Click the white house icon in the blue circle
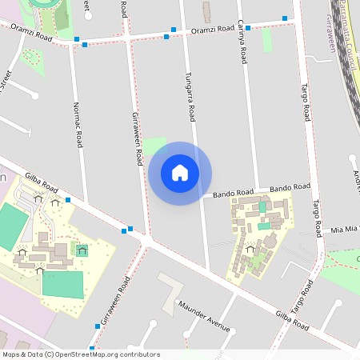click(x=180, y=173)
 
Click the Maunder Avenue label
click(x=204, y=317)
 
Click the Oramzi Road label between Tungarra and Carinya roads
click(x=213, y=30)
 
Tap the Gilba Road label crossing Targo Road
click(x=290, y=322)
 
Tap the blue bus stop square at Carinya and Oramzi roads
click(x=249, y=28)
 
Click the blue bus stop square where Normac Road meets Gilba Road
click(x=69, y=200)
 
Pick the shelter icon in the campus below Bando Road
click(x=250, y=249)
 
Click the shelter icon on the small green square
click(x=82, y=249)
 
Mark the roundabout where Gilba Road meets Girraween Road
click(x=147, y=239)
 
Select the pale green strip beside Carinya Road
click(x=266, y=40)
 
